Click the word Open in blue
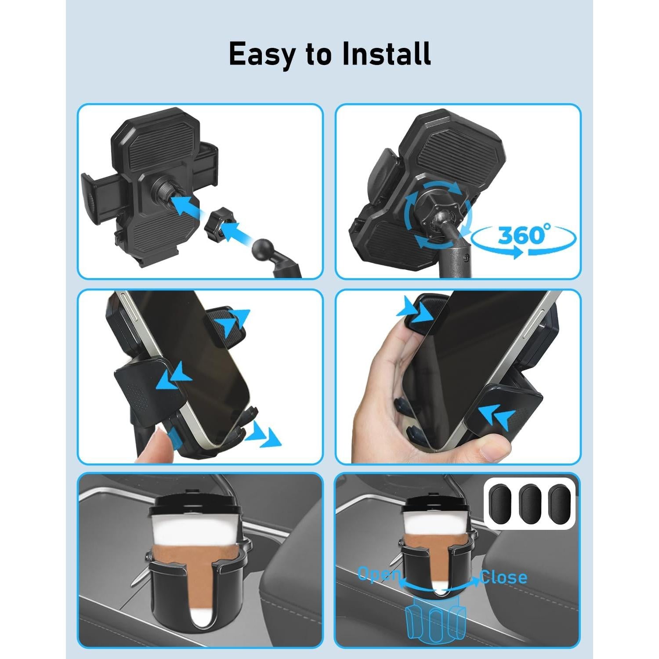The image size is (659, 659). [x=379, y=574]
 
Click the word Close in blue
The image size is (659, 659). [x=503, y=576]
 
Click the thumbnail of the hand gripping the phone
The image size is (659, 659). [x=458, y=376]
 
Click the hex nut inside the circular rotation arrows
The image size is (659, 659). [x=432, y=206]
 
